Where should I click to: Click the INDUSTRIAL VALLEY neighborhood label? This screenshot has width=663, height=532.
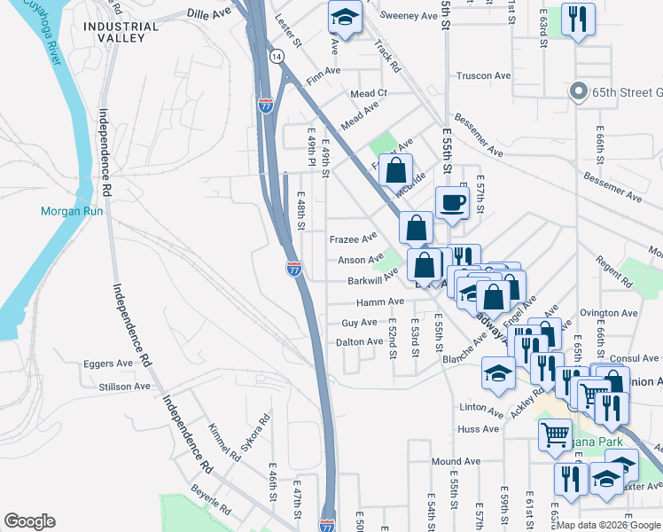tap(121, 33)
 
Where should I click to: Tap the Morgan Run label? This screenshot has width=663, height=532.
tap(72, 211)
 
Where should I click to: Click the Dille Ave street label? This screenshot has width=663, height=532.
tap(209, 14)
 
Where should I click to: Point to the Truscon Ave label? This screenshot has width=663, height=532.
tap(480, 76)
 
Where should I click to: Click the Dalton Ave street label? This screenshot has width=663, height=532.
tap(360, 341)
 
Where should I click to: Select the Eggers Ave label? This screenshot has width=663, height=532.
tap(108, 364)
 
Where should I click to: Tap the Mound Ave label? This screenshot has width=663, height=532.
tap(456, 462)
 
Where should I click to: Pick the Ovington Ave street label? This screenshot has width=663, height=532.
tap(609, 313)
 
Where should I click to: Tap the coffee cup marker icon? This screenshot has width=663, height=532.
tap(451, 202)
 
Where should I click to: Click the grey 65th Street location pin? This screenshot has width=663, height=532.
tap(578, 90)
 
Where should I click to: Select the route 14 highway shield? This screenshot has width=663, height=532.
tap(277, 56)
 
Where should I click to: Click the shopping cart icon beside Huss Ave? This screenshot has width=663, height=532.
tap(555, 434)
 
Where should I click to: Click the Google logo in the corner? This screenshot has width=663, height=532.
tap(30, 520)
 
